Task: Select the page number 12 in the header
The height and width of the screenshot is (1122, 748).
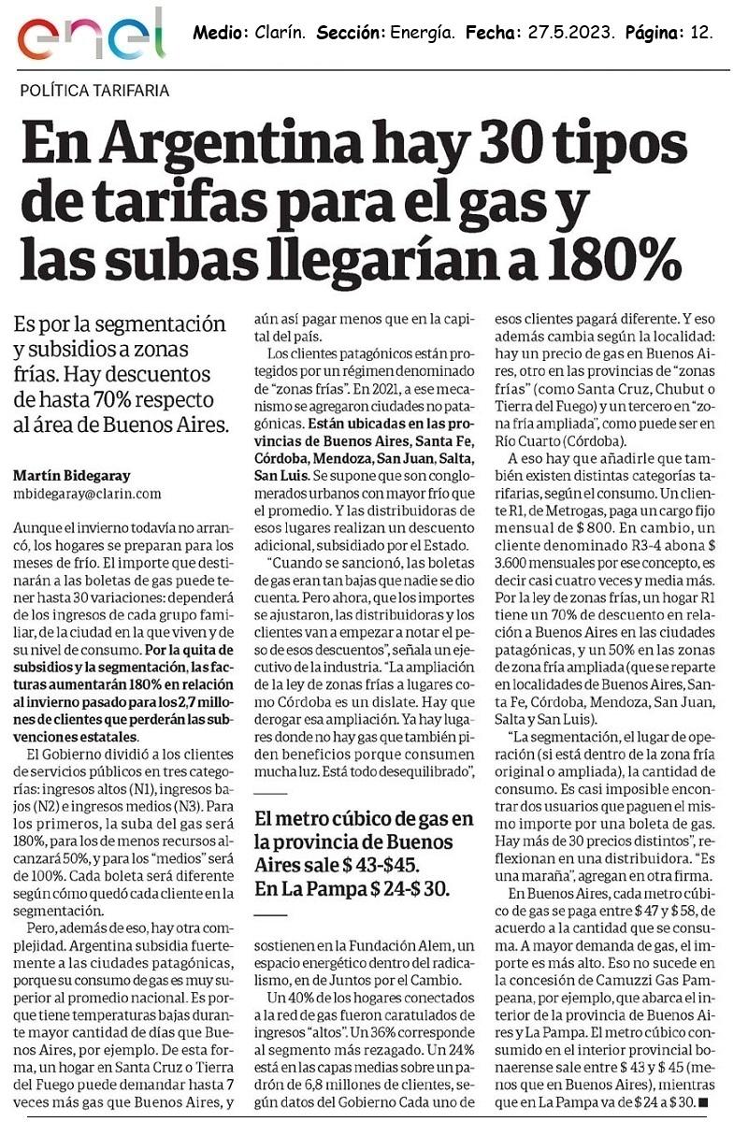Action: point(702,33)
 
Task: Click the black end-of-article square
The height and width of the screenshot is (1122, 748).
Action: point(703,1103)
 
